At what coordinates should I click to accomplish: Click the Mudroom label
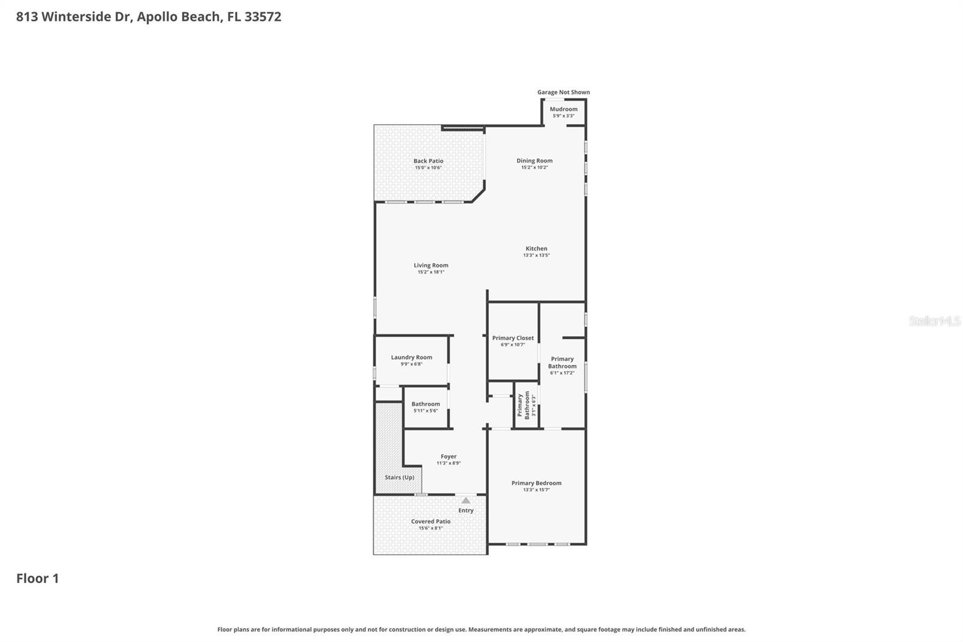point(563,109)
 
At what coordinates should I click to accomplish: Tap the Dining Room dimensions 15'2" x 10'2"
point(534,167)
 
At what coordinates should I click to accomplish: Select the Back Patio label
point(428,161)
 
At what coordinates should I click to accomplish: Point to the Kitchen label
point(536,248)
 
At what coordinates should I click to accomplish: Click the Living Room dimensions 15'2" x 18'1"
point(431,272)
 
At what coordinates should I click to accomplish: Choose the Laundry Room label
point(411,357)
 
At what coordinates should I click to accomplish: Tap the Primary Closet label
point(513,338)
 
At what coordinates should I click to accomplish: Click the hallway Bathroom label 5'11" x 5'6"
point(426,404)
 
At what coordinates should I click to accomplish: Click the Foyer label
point(448,457)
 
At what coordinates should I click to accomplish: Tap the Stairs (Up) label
point(400,478)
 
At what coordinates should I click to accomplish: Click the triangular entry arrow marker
point(466,500)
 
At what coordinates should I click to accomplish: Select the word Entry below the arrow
point(466,510)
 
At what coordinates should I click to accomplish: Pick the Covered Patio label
point(430,522)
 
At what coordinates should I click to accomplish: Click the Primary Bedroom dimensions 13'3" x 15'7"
point(536,490)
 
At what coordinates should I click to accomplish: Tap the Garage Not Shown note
point(563,92)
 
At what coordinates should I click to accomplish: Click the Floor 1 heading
point(37,579)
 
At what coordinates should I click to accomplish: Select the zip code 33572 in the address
point(263,17)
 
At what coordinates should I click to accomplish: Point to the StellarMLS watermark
point(934,321)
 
